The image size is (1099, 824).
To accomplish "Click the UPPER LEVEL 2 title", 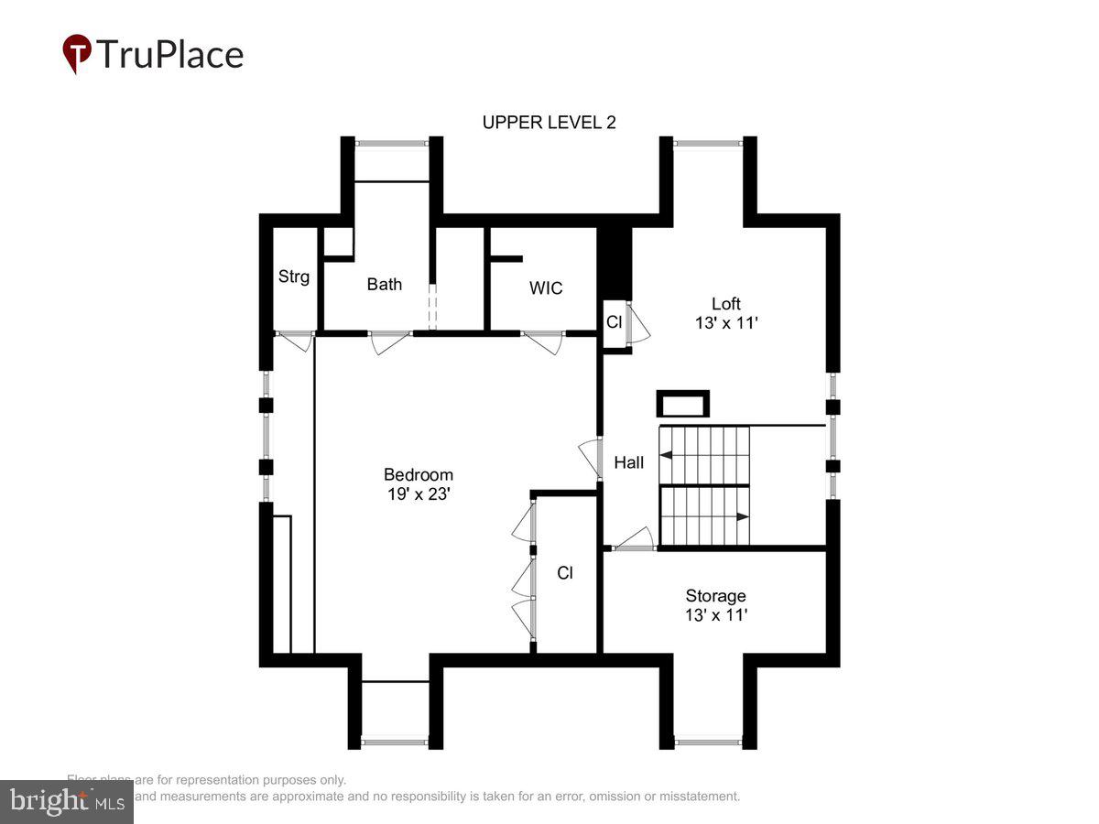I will click(549, 123).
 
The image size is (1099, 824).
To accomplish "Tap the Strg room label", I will click(294, 276).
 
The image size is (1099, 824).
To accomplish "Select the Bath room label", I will click(384, 284).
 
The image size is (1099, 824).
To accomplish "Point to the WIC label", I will click(546, 287).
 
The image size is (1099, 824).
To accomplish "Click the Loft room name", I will click(725, 303).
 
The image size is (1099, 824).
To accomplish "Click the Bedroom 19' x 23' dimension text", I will click(418, 493).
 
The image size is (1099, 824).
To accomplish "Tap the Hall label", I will click(628, 462).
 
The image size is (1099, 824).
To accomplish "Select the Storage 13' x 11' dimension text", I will click(716, 615).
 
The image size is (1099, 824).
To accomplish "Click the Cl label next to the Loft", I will click(614, 322).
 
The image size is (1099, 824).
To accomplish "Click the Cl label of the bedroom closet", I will click(565, 573).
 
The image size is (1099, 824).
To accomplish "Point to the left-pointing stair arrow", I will click(667, 454).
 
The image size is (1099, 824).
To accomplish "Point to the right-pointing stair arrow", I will click(742, 516).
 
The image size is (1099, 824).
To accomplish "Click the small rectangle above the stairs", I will click(683, 404).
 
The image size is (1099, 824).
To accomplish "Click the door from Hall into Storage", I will click(635, 540).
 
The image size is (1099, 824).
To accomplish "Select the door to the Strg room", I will click(295, 341).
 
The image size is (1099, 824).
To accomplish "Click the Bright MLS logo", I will click(66, 802).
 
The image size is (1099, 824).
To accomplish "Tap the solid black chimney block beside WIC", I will click(615, 263).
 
